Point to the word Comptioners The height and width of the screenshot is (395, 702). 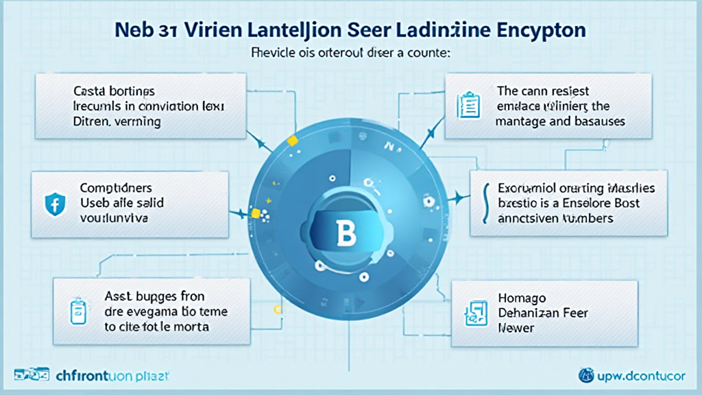[x=116, y=187]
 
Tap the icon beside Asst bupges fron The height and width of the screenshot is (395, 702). [x=76, y=311]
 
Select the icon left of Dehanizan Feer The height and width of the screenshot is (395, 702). [x=474, y=313]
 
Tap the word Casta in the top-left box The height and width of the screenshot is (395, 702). [x=89, y=91]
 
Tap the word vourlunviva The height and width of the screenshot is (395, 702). [x=116, y=218]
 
